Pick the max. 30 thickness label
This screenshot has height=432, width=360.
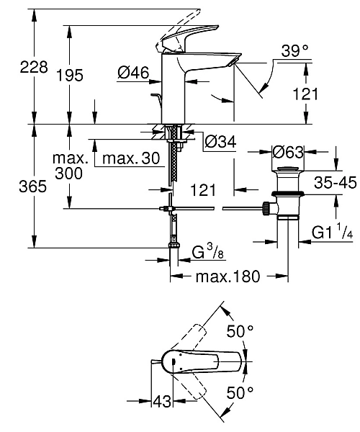130,158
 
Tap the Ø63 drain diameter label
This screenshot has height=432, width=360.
288,151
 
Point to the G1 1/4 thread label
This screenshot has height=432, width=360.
332,233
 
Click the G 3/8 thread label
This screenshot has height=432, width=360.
207,252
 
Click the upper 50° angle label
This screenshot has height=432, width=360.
240,332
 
